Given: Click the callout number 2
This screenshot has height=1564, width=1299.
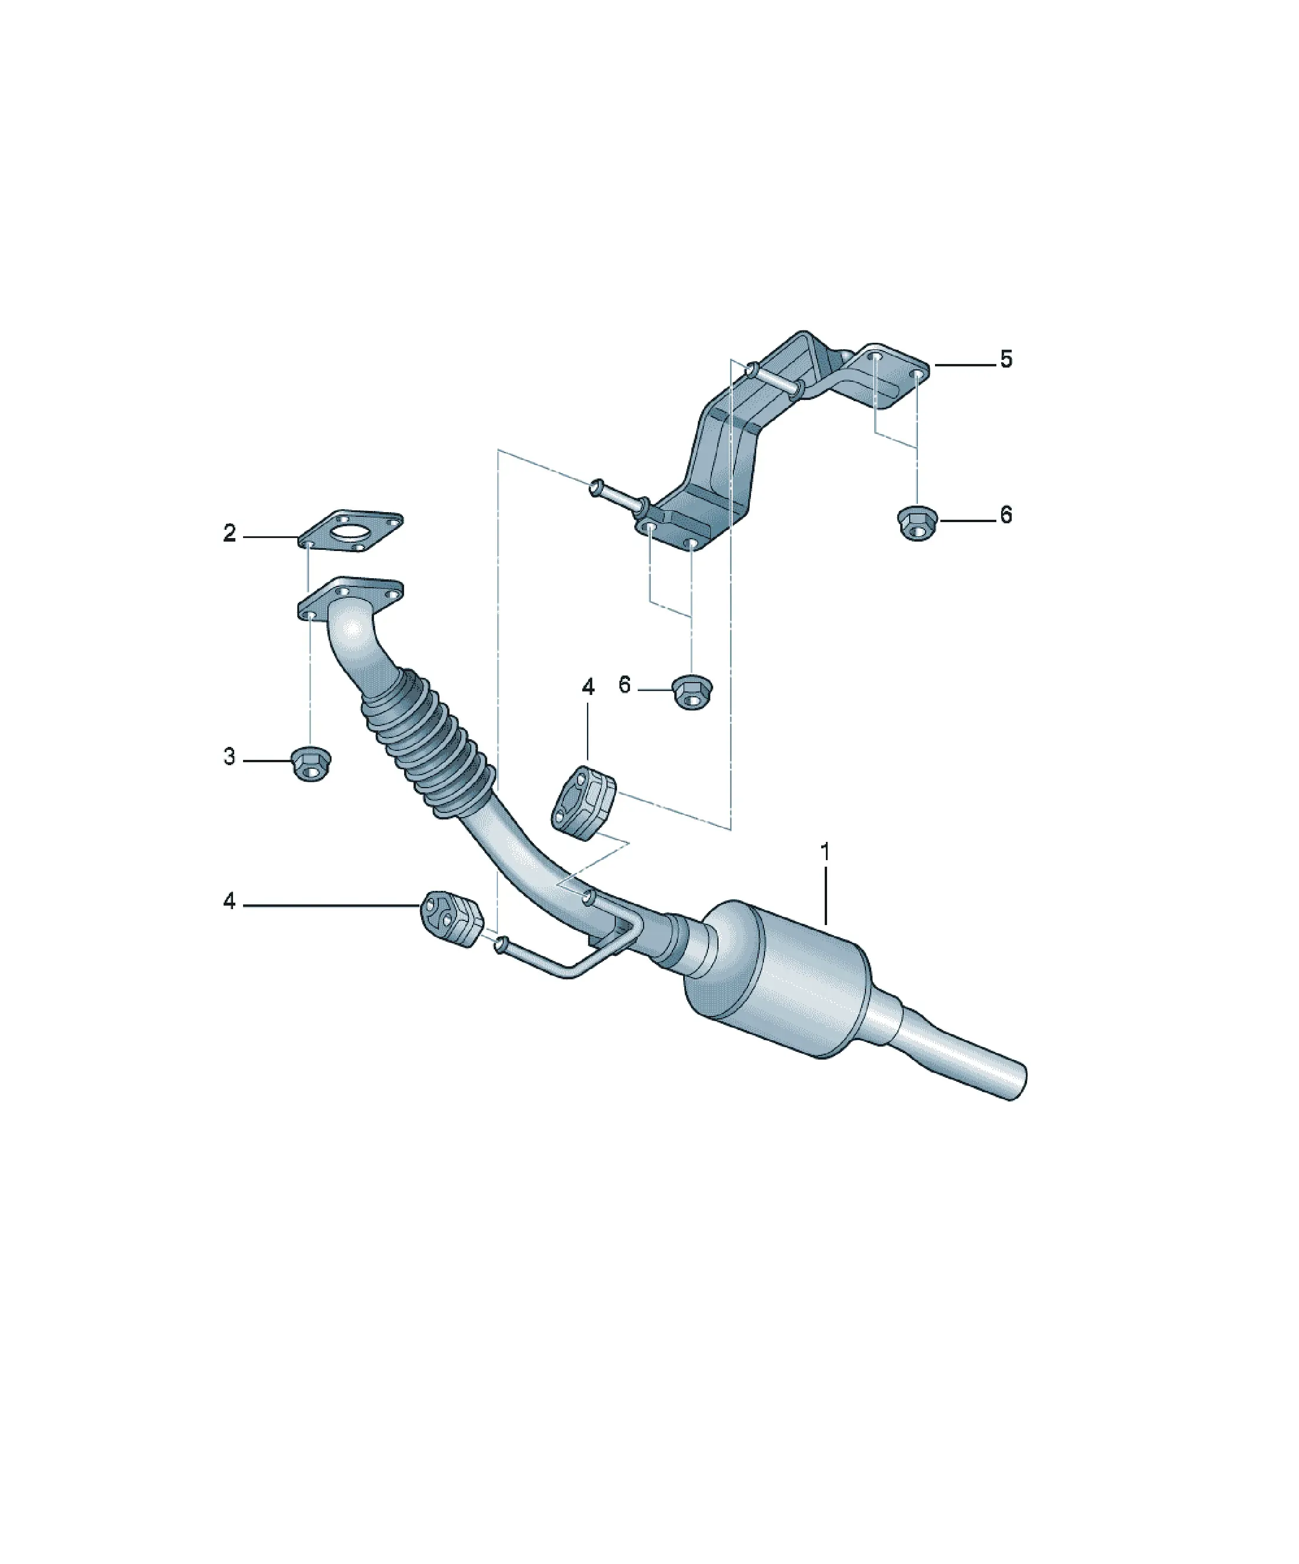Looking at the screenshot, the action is point(229,533).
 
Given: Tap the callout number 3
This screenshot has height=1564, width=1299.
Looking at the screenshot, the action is point(229,757).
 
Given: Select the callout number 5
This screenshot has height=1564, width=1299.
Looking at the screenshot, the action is point(1006,360).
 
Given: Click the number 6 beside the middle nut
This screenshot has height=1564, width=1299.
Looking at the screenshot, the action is point(624,684).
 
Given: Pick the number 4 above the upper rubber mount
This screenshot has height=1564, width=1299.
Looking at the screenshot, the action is point(588,687).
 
